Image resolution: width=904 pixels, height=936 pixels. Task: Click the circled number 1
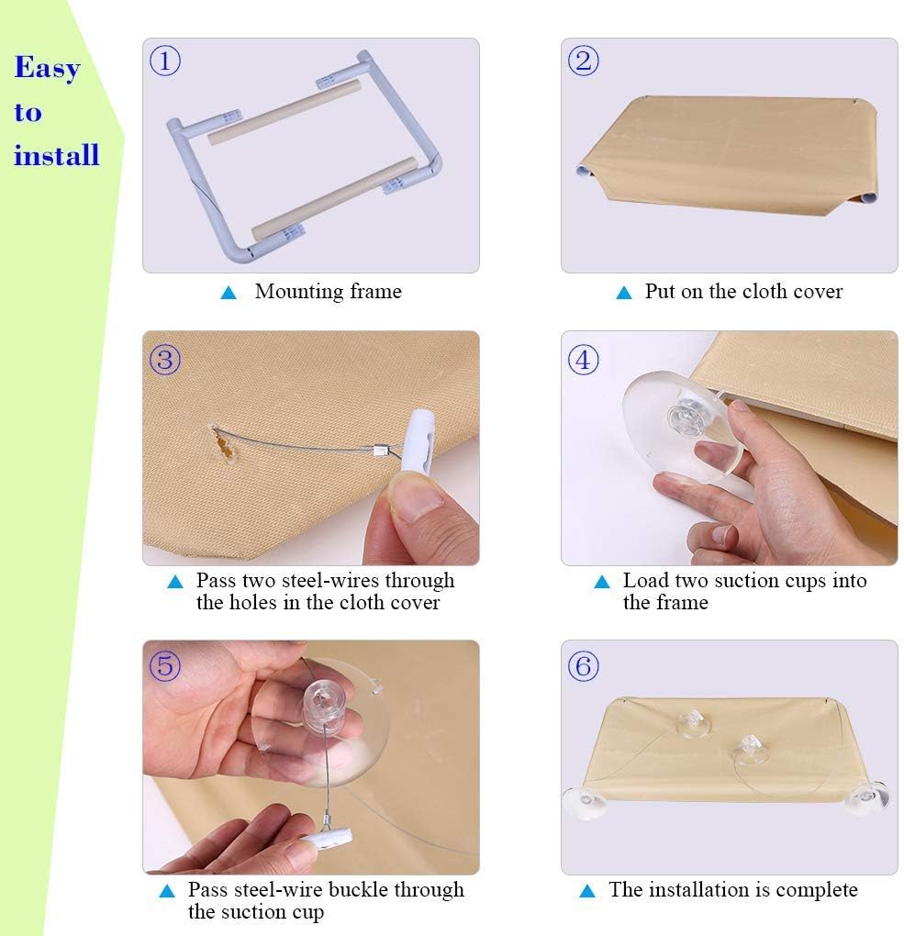(x=165, y=61)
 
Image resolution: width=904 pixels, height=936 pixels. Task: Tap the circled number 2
(x=584, y=61)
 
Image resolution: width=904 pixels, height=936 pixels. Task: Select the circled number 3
(x=165, y=360)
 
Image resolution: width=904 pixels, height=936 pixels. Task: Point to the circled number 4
(x=584, y=360)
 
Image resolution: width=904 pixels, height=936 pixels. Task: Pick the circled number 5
(x=165, y=665)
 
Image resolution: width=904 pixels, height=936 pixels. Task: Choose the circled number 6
(x=584, y=665)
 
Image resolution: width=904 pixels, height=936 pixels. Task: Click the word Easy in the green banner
(x=47, y=69)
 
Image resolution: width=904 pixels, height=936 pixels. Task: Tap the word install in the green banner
(x=56, y=155)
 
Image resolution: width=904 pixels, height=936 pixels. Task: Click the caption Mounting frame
(x=328, y=292)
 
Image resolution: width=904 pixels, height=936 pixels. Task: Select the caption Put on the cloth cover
(x=743, y=292)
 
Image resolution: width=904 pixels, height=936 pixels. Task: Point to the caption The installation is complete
(x=732, y=890)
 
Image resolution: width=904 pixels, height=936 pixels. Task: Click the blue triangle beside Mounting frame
(x=229, y=293)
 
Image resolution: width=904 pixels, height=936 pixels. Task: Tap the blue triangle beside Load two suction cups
(x=602, y=582)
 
